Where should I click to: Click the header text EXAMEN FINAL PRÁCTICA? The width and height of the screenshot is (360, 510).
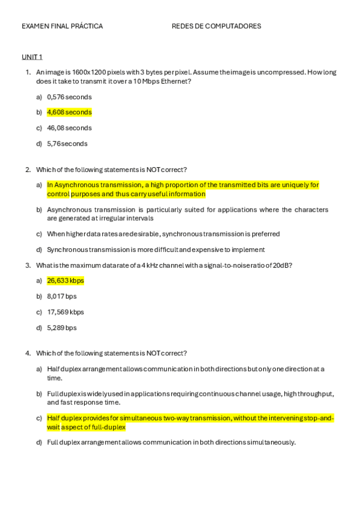[62, 26]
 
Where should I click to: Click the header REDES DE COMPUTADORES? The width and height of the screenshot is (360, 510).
[216, 26]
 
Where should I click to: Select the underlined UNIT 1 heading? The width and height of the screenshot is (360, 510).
[32, 57]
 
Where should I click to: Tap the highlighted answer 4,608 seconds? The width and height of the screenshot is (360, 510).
[69, 112]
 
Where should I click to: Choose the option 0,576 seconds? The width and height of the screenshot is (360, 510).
[69, 97]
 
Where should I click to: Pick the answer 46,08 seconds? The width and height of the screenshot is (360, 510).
[69, 128]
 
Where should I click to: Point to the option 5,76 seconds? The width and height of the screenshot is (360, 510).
[67, 144]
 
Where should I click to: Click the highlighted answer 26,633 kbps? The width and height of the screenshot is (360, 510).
[66, 281]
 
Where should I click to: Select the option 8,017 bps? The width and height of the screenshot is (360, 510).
[62, 296]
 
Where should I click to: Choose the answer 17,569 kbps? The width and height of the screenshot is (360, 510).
[66, 312]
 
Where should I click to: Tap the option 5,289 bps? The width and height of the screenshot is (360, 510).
[62, 328]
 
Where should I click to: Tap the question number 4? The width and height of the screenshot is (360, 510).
[28, 353]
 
